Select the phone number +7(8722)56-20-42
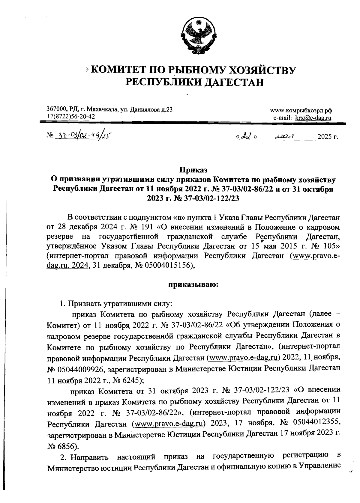click(71, 116)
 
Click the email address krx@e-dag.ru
click(313, 118)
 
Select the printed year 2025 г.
click(328, 138)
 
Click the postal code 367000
click(57, 109)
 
